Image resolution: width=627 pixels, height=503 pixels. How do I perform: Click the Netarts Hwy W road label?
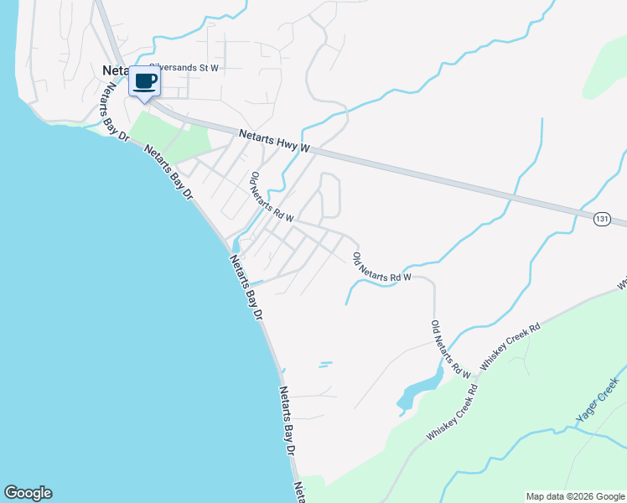[274, 140]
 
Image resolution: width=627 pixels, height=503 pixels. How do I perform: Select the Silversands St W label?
[184, 67]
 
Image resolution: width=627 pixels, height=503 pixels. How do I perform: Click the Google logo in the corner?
[28, 493]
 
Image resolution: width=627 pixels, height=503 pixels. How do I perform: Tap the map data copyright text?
[575, 496]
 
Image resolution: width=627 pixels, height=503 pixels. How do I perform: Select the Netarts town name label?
[114, 70]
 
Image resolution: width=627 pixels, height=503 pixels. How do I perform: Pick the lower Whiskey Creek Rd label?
[452, 412]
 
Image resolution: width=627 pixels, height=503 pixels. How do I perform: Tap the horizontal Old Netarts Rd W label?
[382, 266]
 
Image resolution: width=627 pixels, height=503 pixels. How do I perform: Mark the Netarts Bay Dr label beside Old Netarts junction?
[246, 286]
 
